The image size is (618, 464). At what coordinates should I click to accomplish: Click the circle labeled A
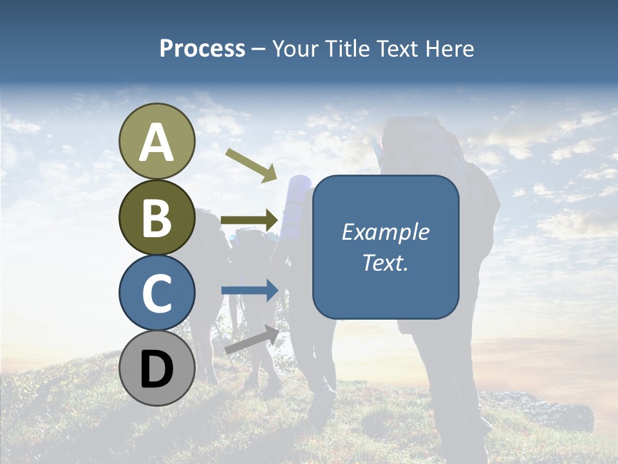tap(157, 142)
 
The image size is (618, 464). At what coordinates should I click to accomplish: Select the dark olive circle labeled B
tap(157, 217)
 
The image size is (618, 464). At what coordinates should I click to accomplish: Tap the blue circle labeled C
tap(157, 293)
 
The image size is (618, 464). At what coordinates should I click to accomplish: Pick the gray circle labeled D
tap(157, 368)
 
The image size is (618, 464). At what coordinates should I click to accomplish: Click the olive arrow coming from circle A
tap(251, 165)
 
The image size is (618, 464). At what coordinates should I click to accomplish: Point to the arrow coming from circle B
tap(249, 220)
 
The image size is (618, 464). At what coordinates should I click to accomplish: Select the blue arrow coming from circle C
tap(249, 291)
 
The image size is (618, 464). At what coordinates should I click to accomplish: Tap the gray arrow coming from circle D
tap(252, 340)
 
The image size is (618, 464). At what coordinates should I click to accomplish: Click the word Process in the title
tap(202, 48)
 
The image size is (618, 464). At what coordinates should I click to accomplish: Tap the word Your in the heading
tap(295, 48)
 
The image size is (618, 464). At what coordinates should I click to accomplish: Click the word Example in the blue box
tap(385, 232)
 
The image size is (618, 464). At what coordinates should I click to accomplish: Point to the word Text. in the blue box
tap(385, 263)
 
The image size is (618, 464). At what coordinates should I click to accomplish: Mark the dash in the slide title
tap(259, 49)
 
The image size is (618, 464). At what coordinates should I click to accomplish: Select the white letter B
tap(157, 218)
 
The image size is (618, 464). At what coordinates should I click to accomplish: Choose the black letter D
tap(157, 369)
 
